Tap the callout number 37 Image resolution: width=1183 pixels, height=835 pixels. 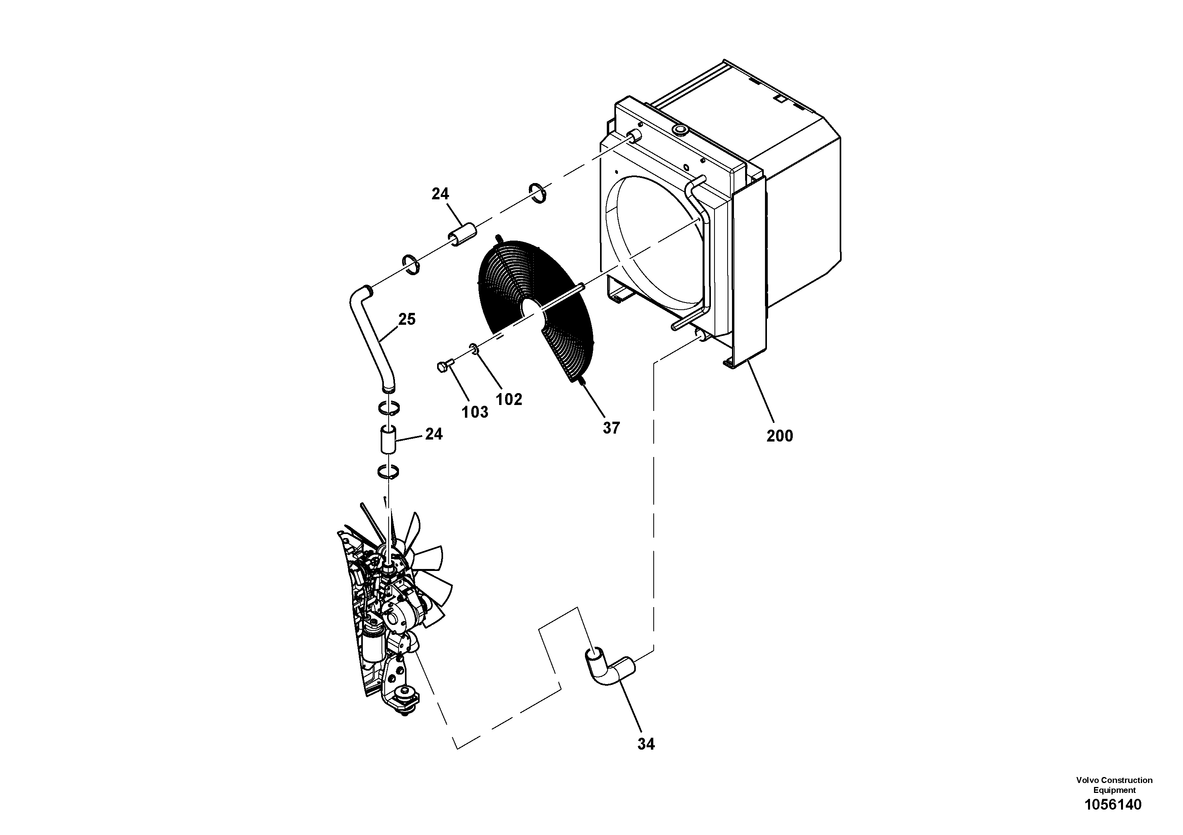point(611,428)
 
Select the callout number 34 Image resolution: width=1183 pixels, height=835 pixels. point(646,744)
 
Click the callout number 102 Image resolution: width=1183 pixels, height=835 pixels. point(509,399)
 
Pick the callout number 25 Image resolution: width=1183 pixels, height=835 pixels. point(407,319)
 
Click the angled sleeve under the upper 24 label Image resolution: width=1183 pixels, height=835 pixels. point(463,234)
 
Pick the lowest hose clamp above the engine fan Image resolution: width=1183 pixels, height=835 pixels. point(388,471)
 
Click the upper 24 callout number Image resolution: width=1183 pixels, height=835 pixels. point(440,194)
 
